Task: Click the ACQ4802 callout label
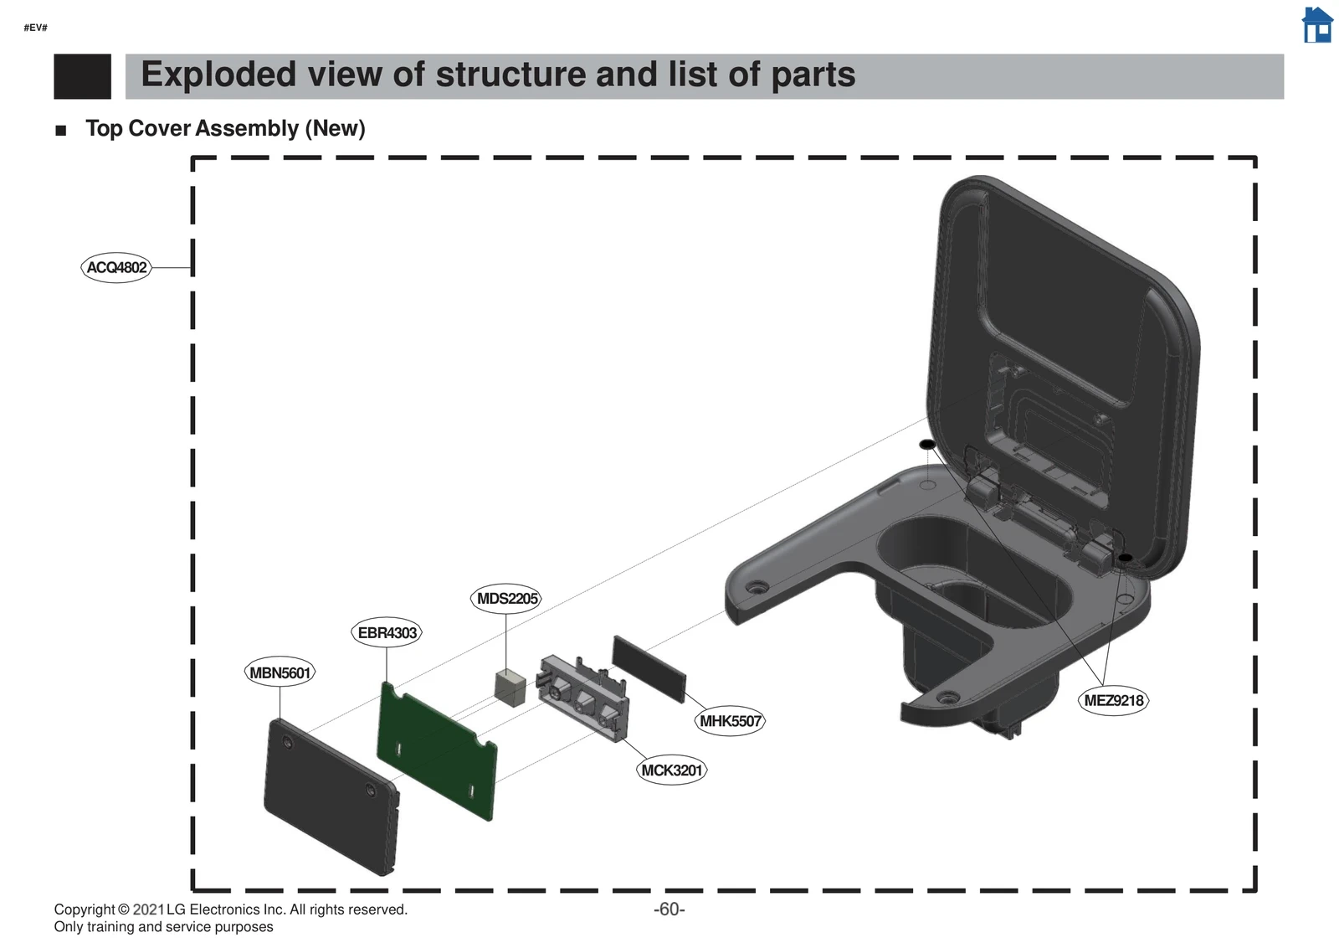click(116, 267)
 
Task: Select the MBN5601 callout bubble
click(280, 672)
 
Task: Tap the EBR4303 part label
click(387, 632)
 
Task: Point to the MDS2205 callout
click(506, 598)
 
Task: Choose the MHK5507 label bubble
click(731, 721)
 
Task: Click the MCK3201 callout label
click(671, 770)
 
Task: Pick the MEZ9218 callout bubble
click(1113, 700)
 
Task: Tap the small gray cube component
click(510, 687)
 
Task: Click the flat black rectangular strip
click(649, 667)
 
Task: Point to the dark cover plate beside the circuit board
click(331, 796)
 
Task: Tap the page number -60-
click(669, 909)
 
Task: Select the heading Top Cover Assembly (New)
click(225, 128)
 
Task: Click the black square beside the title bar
click(82, 76)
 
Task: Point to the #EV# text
click(35, 28)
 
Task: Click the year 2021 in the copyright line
click(148, 909)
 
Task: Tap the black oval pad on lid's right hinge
click(1126, 558)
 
